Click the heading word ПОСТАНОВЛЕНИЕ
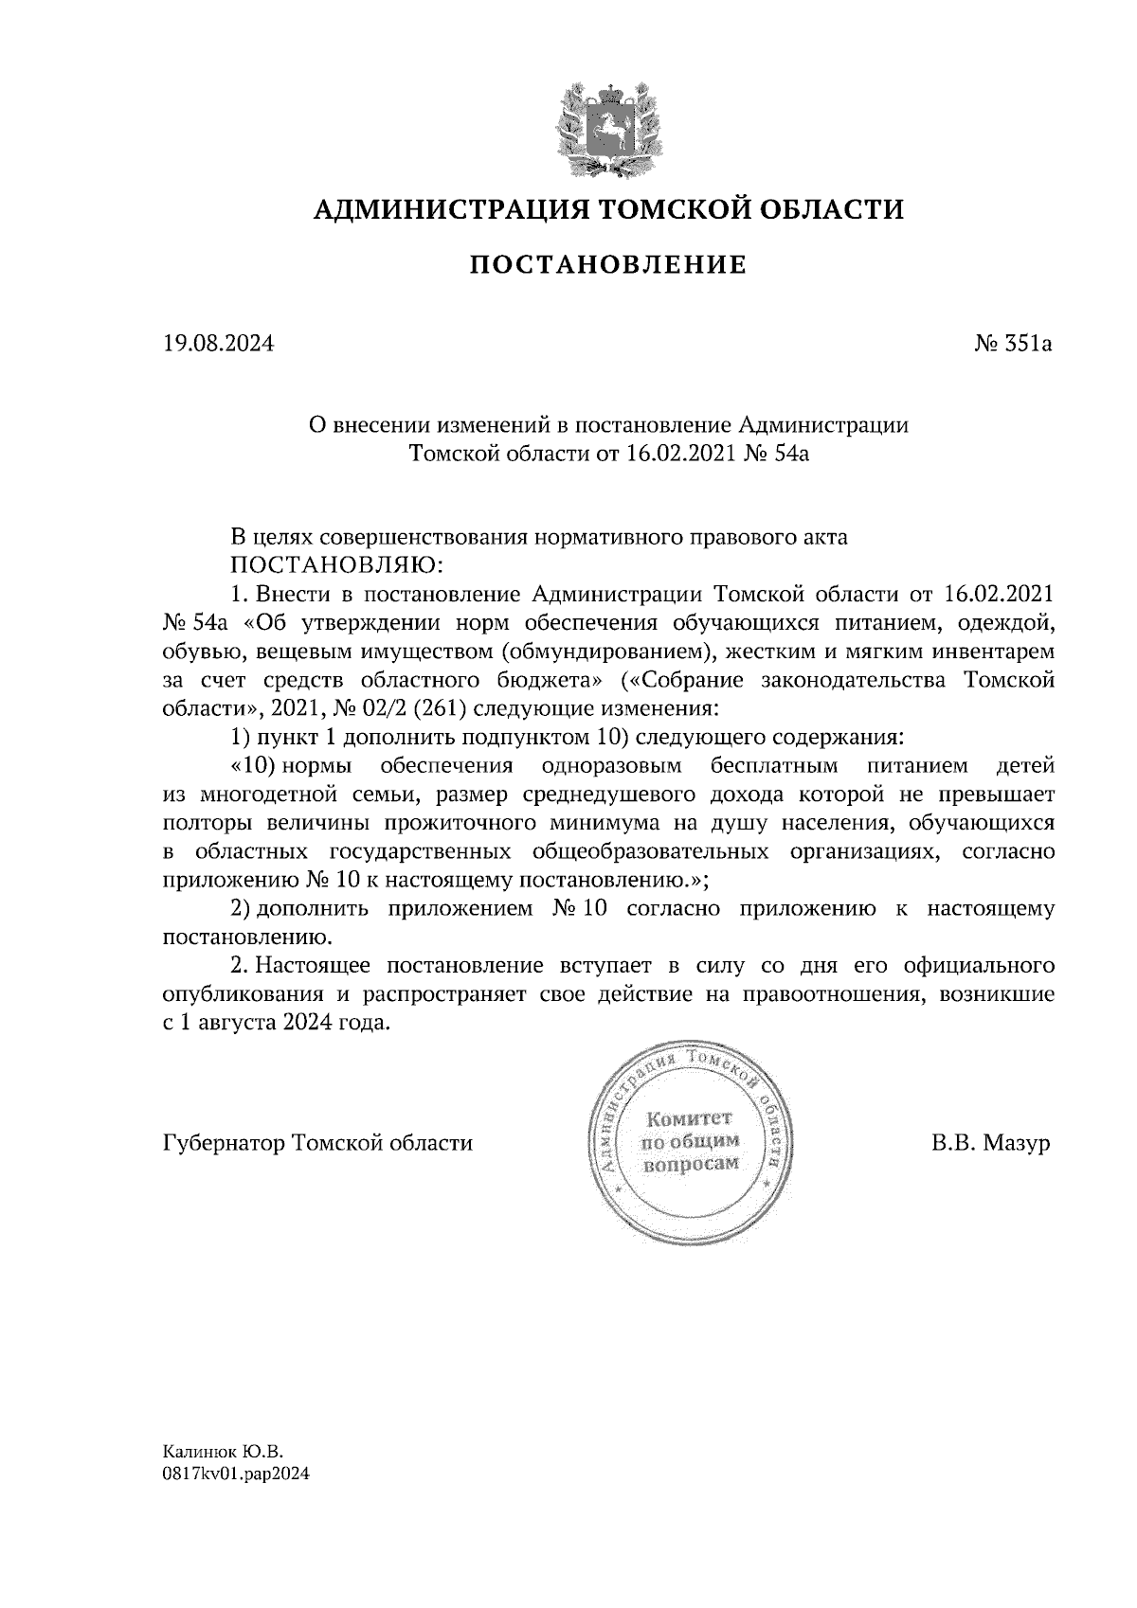click(x=608, y=266)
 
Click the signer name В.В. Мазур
click(x=990, y=1143)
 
